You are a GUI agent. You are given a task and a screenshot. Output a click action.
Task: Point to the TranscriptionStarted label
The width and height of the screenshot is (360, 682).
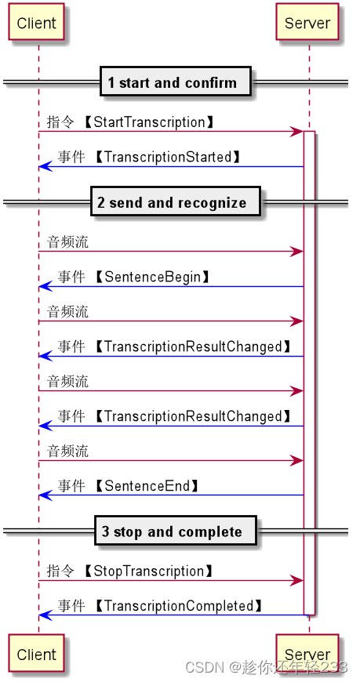[x=168, y=157]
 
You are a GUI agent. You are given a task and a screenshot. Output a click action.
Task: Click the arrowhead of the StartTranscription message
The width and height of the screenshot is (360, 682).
[x=298, y=131]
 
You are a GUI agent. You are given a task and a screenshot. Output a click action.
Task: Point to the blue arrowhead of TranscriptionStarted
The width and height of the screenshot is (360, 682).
[x=44, y=166]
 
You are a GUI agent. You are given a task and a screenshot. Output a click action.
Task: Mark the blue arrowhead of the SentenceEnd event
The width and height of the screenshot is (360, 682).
[x=44, y=495]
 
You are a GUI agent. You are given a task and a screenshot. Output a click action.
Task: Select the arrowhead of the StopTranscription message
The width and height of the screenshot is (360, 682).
[x=298, y=580]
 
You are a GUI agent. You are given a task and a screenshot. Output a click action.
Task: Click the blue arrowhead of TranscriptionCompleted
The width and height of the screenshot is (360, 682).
[x=44, y=615]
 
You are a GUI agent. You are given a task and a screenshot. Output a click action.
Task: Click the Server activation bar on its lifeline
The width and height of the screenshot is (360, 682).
[x=309, y=368]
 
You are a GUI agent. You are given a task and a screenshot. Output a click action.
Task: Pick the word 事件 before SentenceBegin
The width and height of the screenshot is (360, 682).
[x=71, y=278]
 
